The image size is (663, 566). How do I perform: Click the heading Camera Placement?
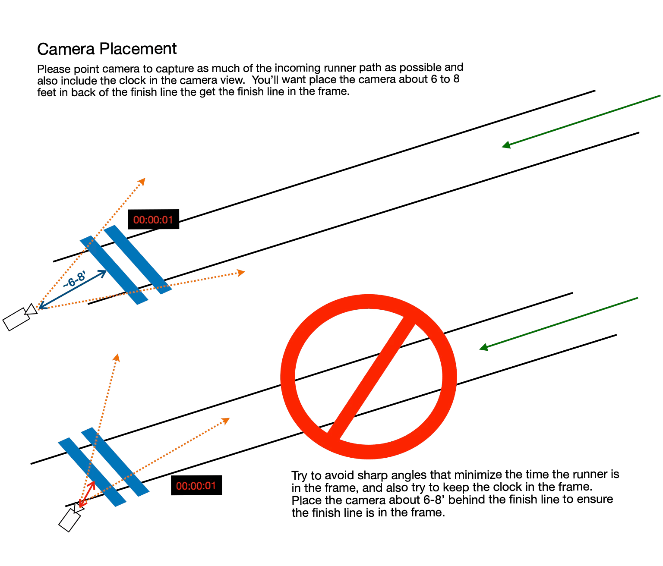pyautogui.click(x=107, y=49)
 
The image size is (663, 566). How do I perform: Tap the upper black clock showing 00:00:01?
pyautogui.click(x=153, y=219)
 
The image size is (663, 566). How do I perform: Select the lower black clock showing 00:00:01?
pyautogui.click(x=196, y=485)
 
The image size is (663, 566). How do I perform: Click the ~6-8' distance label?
pyautogui.click(x=74, y=279)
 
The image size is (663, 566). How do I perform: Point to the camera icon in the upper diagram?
pyautogui.click(x=20, y=317)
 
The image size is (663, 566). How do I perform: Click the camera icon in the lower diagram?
pyautogui.click(x=70, y=517)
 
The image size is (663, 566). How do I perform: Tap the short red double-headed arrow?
pyautogui.click(x=87, y=494)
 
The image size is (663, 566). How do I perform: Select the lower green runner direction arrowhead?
pyautogui.click(x=483, y=347)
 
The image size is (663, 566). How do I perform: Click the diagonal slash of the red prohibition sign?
pyautogui.click(x=371, y=378)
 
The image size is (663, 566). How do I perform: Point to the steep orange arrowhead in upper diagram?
pyautogui.click(x=142, y=182)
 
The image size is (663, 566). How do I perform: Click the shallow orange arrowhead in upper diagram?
pyautogui.click(x=241, y=273)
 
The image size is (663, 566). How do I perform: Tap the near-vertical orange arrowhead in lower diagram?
pyautogui.click(x=117, y=358)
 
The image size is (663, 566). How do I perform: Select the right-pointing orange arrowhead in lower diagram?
pyautogui.click(x=226, y=421)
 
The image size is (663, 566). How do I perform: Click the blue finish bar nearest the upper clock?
pyautogui.click(x=138, y=260)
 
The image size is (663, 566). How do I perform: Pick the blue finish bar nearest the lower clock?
pyautogui.click(x=115, y=462)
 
